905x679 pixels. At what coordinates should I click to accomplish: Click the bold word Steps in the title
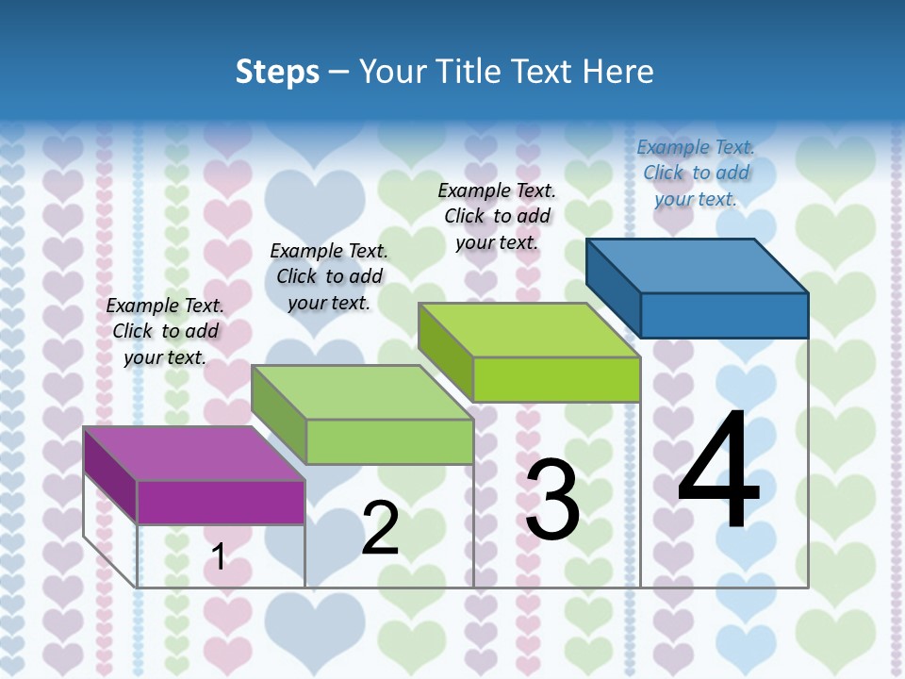point(277,72)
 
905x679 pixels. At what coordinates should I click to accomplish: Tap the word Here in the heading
point(618,72)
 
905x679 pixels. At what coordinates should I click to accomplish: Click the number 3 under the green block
point(552,500)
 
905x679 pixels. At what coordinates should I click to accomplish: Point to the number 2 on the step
point(380,528)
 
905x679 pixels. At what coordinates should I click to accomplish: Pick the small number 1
point(219,556)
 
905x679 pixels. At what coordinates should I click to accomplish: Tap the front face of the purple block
point(221,503)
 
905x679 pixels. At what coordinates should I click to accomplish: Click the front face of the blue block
point(724,315)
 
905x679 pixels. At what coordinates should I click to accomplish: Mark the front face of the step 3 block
point(556,380)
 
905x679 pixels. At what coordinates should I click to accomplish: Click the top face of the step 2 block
point(363,392)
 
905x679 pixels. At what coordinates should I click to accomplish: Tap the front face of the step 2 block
point(389,441)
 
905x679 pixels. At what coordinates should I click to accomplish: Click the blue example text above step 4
point(696,173)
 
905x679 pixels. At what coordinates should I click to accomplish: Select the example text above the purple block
point(165,331)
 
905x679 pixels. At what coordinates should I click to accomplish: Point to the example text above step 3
point(497,216)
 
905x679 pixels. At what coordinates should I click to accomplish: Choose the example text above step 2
point(329,276)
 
